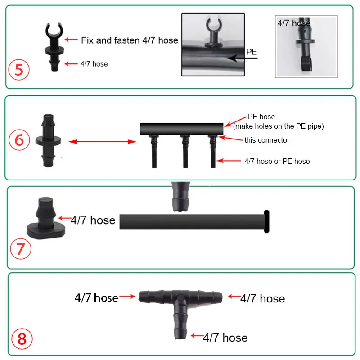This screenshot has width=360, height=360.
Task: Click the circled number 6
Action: (19, 140)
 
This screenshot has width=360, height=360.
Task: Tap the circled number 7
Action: (20, 249)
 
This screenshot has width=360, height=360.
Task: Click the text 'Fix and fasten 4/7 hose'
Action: (130, 40)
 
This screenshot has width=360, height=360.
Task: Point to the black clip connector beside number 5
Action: (54, 45)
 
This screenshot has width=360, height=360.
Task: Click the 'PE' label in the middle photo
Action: (252, 52)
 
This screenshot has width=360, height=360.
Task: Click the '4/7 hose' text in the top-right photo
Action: (294, 23)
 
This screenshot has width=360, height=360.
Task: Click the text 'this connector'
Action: (267, 140)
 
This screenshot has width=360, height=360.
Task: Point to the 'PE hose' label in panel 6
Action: (261, 117)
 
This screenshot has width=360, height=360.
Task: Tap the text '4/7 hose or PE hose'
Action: (277, 161)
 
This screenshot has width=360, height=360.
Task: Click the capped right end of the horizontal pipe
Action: (266, 221)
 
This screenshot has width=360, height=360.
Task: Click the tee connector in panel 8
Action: (180, 306)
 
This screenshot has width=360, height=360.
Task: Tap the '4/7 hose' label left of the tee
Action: (96, 297)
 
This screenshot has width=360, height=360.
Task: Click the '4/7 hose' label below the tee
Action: (225, 337)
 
